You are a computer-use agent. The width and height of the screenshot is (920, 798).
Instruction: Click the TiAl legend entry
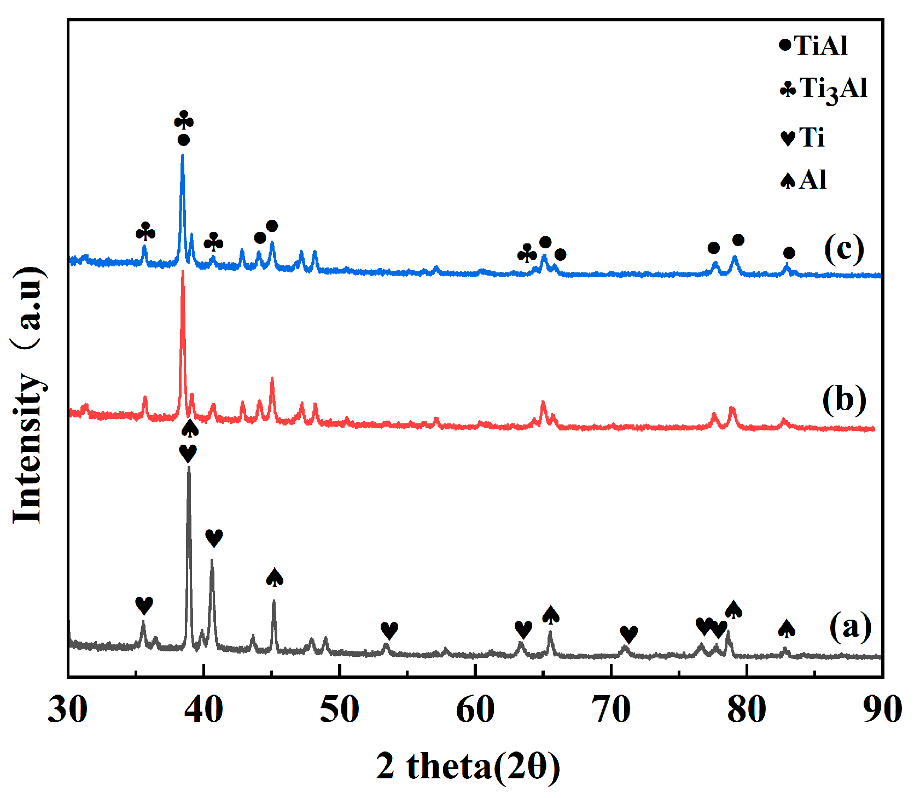[813, 45]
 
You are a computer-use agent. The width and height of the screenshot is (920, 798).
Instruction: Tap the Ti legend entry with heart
[802, 137]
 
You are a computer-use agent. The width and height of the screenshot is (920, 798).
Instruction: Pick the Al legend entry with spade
[803, 180]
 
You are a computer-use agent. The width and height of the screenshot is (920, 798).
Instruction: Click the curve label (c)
[844, 249]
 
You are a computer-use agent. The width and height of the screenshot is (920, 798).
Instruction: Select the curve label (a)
[850, 626]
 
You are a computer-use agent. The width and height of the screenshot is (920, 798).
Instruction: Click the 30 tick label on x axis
[68, 710]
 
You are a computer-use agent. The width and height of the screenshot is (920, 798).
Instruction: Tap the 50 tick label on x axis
[339, 710]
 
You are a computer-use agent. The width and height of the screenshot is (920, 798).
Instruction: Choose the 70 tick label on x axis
[610, 710]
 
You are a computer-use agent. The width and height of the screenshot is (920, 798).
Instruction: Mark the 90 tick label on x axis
[881, 710]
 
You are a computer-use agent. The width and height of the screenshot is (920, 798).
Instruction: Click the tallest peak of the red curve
[183, 272]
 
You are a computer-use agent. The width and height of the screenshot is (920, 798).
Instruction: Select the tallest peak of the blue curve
[182, 155]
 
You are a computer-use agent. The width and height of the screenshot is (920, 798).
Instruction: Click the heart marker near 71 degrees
[629, 634]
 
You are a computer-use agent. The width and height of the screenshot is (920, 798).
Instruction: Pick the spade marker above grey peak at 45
[275, 578]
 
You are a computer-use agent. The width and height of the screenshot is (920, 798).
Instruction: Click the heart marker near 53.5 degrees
[389, 630]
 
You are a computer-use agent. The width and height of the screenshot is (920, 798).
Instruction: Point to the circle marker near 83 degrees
[789, 253]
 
